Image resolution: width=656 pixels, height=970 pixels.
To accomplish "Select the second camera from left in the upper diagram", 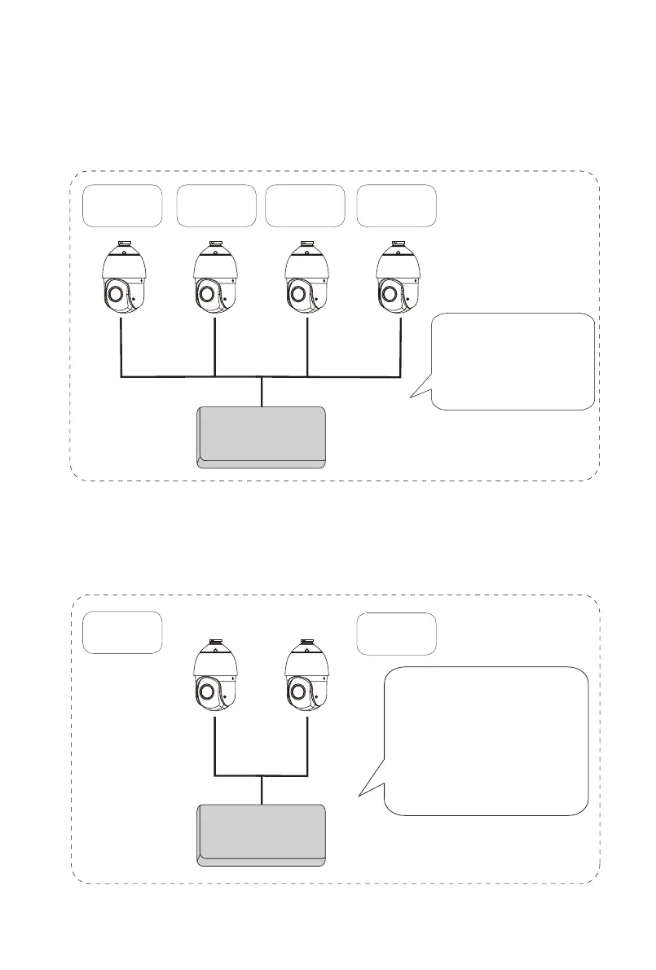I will tap(215, 277).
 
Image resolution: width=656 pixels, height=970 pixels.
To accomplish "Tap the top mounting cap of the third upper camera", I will tap(307, 244).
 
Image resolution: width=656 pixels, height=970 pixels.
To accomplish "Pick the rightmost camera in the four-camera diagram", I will tap(398, 277).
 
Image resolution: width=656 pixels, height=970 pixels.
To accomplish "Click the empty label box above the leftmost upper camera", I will tap(122, 205).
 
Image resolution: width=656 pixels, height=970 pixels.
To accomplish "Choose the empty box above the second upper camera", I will tap(216, 205).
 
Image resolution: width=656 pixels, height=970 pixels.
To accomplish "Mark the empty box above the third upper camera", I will tap(303, 205).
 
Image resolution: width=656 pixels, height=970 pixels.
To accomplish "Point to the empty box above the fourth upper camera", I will tap(396, 205).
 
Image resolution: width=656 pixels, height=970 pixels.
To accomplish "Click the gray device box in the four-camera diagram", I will tap(262, 437).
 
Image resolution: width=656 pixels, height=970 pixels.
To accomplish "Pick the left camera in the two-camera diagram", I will tap(215, 675).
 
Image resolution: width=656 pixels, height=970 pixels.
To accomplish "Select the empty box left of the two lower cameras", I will tap(122, 632).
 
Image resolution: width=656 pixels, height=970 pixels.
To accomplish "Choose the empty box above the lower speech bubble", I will tap(396, 633).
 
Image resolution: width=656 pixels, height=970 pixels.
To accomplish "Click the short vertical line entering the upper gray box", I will tap(262, 392).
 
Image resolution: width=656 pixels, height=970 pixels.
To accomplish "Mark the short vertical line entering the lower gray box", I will tap(262, 790).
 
